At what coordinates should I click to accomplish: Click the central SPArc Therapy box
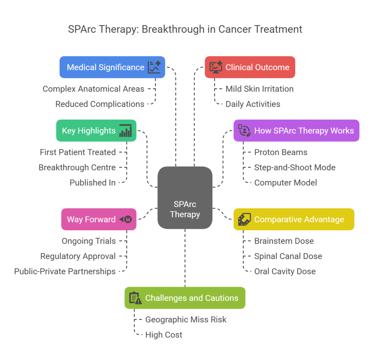click(x=185, y=198)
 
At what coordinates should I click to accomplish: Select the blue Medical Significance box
click(x=112, y=67)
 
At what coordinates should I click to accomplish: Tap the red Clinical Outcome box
click(x=250, y=67)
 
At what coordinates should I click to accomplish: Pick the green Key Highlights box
click(x=96, y=130)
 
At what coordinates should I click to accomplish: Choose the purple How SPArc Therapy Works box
click(x=296, y=130)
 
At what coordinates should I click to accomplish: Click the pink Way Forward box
click(x=99, y=219)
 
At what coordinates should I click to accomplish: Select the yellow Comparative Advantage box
click(x=293, y=219)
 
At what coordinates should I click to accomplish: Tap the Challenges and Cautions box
click(x=185, y=298)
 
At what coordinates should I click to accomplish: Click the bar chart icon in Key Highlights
click(x=125, y=130)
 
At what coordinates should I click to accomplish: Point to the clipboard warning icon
click(x=135, y=298)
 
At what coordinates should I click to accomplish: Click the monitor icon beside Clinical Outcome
click(x=216, y=67)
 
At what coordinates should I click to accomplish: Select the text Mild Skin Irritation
click(x=259, y=89)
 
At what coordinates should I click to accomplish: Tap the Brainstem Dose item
click(x=284, y=241)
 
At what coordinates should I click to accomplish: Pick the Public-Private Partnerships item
click(x=65, y=271)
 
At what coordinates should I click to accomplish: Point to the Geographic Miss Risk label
click(x=186, y=320)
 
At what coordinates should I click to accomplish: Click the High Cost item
click(x=164, y=335)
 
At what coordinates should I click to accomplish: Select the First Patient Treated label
click(x=78, y=152)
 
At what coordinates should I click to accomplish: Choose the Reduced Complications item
click(x=100, y=104)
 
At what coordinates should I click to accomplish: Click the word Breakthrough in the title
click(x=165, y=29)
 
